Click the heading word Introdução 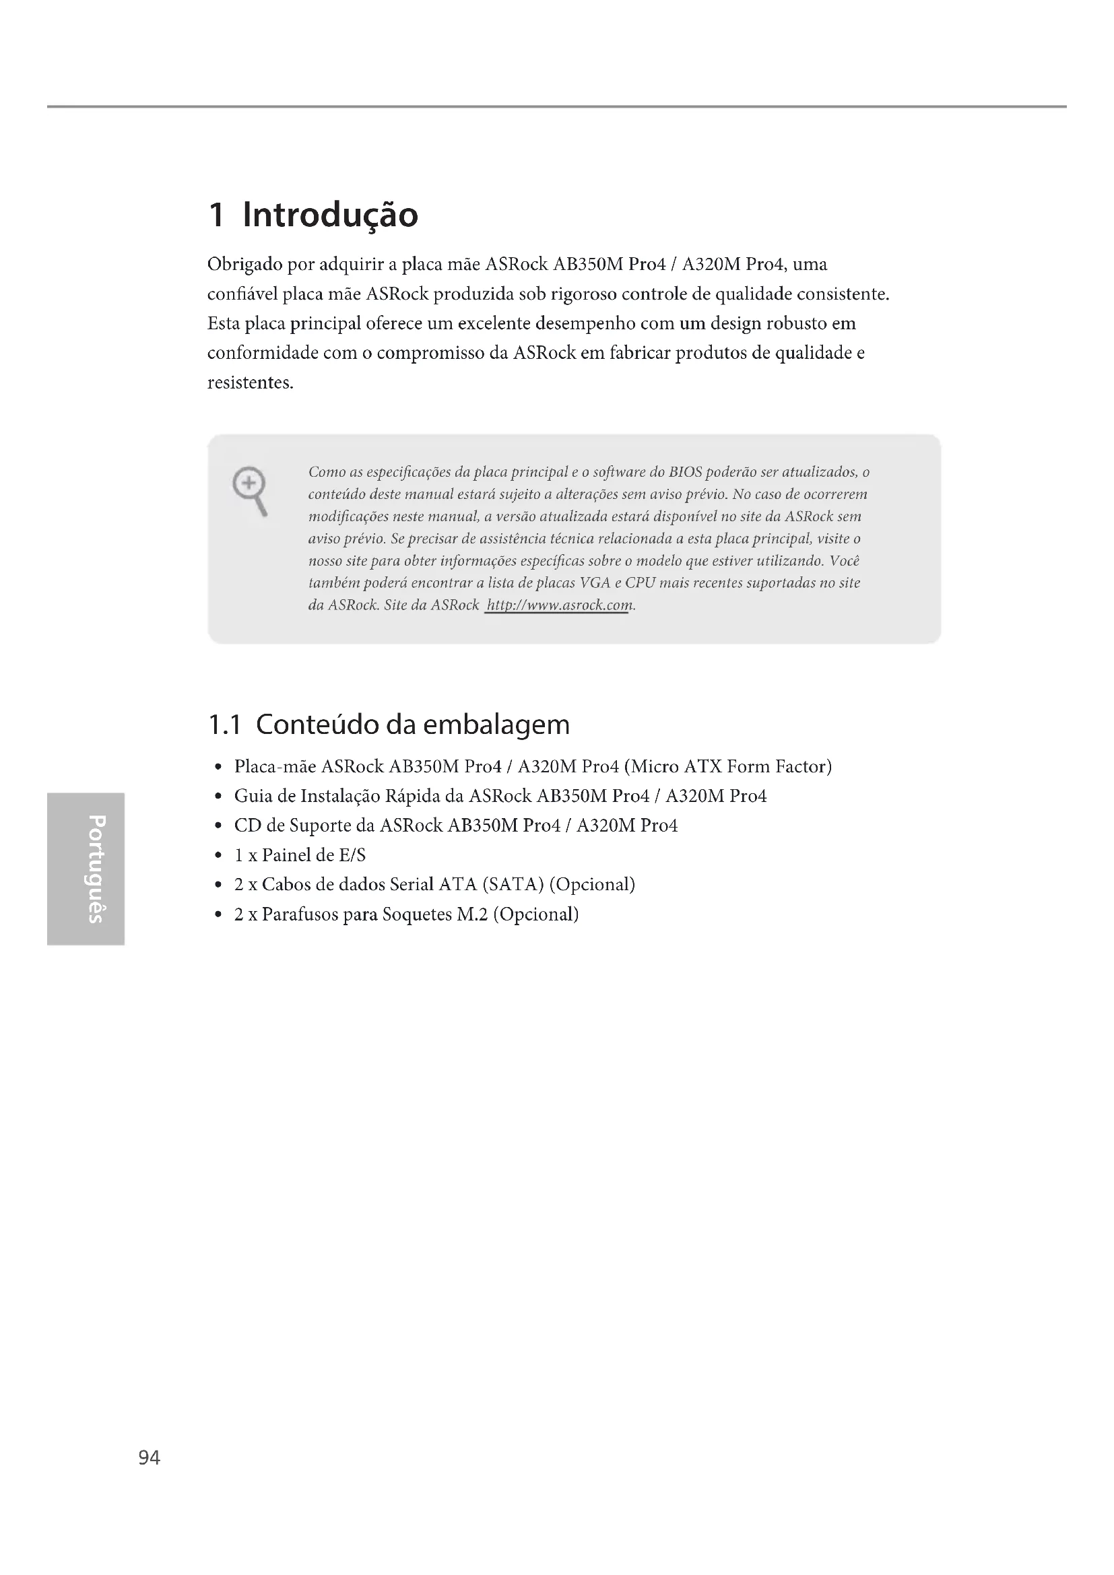coord(330,215)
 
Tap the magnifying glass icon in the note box coord(250,490)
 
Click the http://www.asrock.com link coord(558,605)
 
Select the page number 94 coord(149,1458)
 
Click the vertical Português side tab coord(84,869)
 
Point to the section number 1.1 coord(224,725)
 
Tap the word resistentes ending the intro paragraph coord(250,382)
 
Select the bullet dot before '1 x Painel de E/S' coord(218,855)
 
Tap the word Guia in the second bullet coord(251,796)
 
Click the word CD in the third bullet coord(248,826)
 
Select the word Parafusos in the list coord(300,914)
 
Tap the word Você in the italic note coord(845,561)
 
